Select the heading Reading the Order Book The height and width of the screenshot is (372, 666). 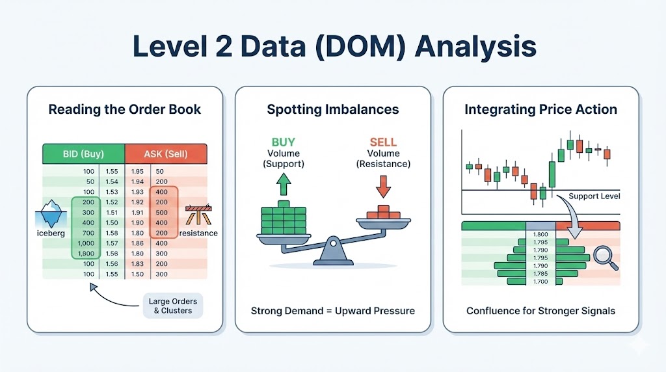(x=125, y=109)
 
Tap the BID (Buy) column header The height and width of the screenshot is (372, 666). (x=83, y=154)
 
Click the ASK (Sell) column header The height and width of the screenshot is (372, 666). (x=165, y=154)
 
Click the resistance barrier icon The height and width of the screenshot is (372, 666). (x=198, y=215)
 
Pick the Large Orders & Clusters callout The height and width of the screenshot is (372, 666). (x=172, y=306)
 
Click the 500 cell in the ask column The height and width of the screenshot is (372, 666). (x=161, y=212)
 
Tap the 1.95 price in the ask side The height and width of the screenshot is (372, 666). (x=137, y=171)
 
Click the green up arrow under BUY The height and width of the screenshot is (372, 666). (x=283, y=185)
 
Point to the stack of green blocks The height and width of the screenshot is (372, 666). (x=284, y=219)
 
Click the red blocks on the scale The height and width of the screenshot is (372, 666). (x=382, y=213)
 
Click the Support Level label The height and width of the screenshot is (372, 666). (x=594, y=196)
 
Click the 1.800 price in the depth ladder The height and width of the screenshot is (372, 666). (x=540, y=235)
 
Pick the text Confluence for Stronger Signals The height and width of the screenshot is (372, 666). (x=540, y=311)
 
